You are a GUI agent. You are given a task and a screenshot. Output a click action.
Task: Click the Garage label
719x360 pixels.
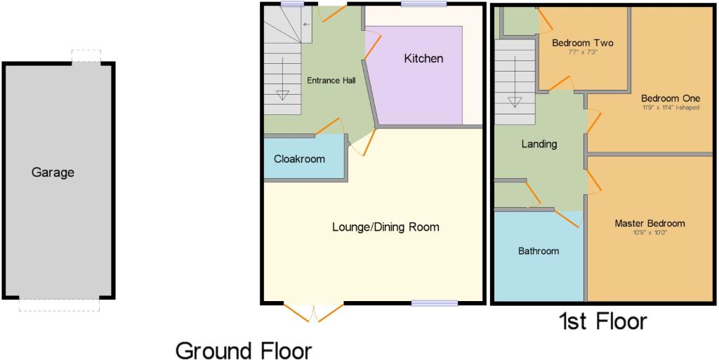coord(53,173)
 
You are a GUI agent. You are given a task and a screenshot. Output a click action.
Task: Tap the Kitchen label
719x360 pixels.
coord(423,59)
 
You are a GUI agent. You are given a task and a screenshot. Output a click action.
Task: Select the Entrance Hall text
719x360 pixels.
coord(331,80)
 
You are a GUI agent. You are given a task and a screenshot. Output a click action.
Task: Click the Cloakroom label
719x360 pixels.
coord(299,159)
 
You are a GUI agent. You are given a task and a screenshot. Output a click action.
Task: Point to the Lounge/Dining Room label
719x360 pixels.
coord(385,227)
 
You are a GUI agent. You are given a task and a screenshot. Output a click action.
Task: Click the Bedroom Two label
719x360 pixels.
coord(582,43)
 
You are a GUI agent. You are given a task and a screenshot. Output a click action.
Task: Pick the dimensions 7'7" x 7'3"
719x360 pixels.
coord(582,52)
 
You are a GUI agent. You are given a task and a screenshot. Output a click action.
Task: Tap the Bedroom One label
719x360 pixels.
coord(671,98)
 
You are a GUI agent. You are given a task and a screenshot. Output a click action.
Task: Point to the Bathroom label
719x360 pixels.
coord(539,251)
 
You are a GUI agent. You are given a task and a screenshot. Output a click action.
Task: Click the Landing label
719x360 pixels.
coord(539,145)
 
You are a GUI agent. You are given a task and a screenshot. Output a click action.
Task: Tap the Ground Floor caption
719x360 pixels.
coord(244,352)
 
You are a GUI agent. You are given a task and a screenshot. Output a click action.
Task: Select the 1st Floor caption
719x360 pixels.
coord(602,321)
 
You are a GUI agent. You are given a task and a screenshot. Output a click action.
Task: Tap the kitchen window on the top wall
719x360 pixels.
coord(423,4)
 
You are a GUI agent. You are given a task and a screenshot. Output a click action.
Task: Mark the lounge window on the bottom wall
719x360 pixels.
coord(434,302)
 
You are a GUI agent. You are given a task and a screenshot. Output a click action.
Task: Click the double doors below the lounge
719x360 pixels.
coord(314,312)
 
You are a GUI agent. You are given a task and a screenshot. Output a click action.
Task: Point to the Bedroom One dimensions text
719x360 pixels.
coord(671,108)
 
